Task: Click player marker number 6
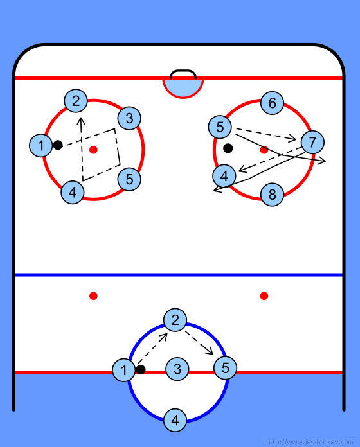click(272, 103)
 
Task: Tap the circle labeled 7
click(312, 142)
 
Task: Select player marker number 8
click(272, 195)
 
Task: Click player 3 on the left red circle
click(129, 118)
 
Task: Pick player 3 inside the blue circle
click(177, 369)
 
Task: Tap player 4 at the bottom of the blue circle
click(175, 420)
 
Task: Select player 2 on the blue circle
click(175, 320)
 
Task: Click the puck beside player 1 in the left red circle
click(58, 145)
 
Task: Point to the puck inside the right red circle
click(228, 148)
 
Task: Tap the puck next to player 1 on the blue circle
click(141, 369)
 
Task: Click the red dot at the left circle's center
click(94, 150)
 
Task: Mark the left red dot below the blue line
click(94, 296)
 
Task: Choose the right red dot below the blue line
click(264, 296)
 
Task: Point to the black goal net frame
click(183, 71)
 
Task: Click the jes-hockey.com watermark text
click(309, 442)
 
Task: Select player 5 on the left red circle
click(129, 179)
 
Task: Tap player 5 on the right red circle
click(220, 127)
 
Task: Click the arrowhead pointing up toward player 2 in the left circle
click(81, 121)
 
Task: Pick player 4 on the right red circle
click(224, 176)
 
